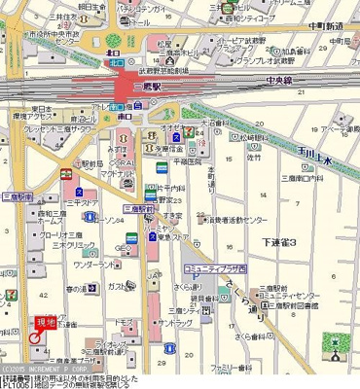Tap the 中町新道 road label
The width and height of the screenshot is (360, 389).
pyautogui.click(x=326, y=27)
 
